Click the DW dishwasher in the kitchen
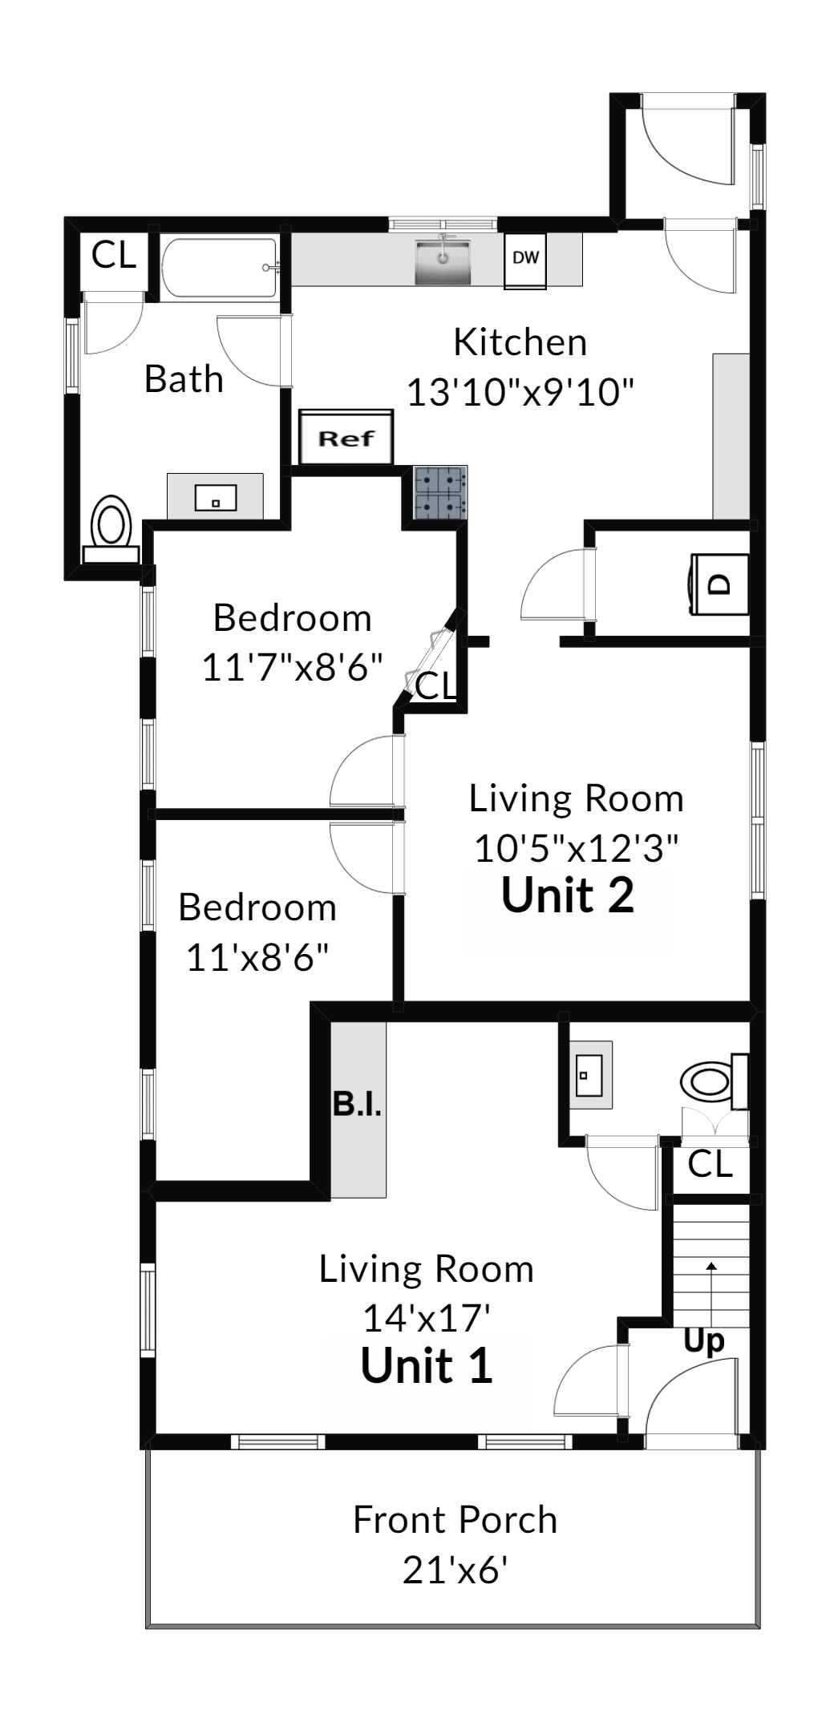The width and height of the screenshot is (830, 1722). tap(526, 261)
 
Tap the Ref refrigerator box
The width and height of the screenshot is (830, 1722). tap(346, 437)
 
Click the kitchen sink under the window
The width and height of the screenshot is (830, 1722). tap(442, 260)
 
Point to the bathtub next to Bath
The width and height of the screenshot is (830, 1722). tap(221, 269)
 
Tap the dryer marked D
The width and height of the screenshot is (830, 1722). tap(719, 584)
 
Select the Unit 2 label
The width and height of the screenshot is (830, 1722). tap(568, 895)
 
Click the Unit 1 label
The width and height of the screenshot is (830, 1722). tap(427, 1366)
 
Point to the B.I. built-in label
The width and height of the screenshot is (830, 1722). tap(357, 1104)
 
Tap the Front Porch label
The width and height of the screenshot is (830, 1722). tap(455, 1520)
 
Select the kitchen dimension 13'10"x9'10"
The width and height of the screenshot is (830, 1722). tap(521, 393)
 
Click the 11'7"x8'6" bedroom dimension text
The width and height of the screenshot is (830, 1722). tap(292, 667)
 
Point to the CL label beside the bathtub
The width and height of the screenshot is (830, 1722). tap(114, 255)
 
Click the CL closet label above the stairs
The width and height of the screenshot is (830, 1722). tap(711, 1164)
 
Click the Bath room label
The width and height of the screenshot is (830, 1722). tap(184, 378)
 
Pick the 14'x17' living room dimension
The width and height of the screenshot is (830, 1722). tap(427, 1317)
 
